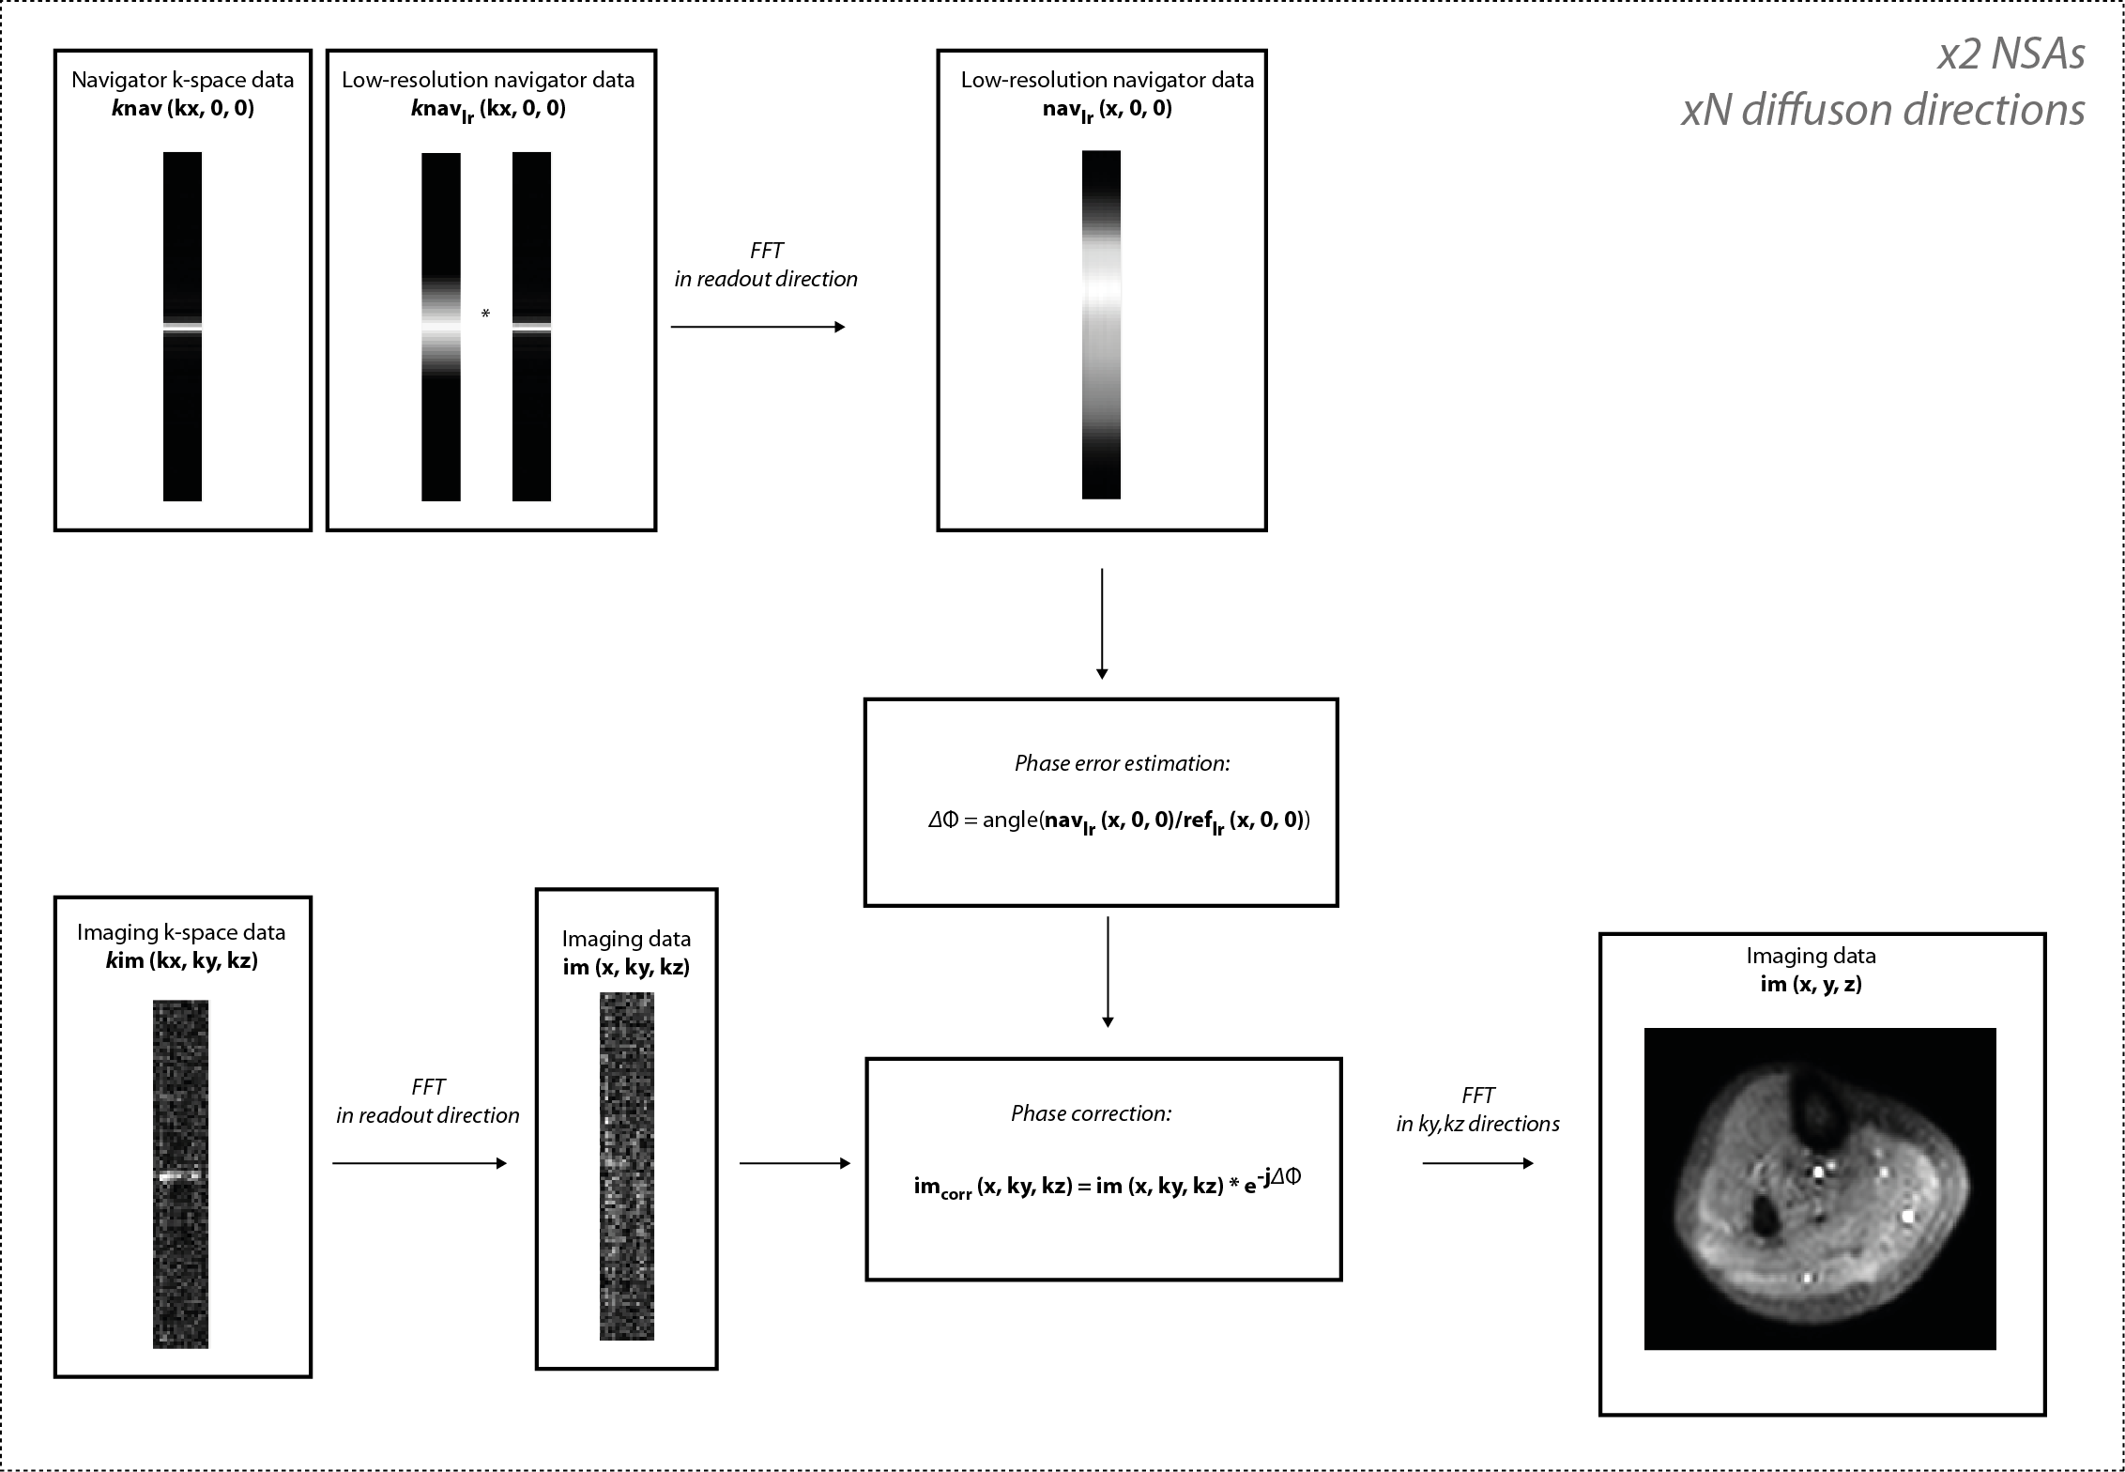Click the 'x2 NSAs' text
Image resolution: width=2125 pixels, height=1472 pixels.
pos(2011,54)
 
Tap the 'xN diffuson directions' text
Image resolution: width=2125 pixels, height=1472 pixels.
pos(1883,111)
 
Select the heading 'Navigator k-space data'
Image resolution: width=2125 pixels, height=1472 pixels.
pos(183,80)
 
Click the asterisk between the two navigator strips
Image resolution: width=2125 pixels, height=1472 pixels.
pos(485,314)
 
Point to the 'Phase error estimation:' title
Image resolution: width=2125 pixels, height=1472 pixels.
pos(1122,763)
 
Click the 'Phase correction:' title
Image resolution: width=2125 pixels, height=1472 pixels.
pos(1091,1113)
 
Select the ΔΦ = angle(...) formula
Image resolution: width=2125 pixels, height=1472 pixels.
pos(1119,821)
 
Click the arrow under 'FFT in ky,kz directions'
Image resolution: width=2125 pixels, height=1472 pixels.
pos(1477,1163)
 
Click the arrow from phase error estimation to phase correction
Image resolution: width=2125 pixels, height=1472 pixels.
pos(1108,972)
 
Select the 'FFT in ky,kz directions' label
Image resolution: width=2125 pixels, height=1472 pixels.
pos(1477,1110)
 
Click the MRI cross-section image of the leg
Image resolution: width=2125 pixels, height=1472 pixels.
pos(1819,1188)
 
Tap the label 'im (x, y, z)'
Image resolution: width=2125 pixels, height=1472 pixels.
pos(1811,984)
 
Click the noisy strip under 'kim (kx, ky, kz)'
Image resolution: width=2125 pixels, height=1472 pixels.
pos(181,1173)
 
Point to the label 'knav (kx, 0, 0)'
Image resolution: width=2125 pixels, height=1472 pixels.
pos(183,108)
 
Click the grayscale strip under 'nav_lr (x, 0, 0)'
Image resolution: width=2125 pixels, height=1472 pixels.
pos(1101,324)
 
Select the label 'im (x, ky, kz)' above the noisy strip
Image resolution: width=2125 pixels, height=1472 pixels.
pos(626,967)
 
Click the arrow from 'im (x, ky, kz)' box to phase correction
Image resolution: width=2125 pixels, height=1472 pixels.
pos(794,1163)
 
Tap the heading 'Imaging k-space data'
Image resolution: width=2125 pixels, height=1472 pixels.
pos(181,932)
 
